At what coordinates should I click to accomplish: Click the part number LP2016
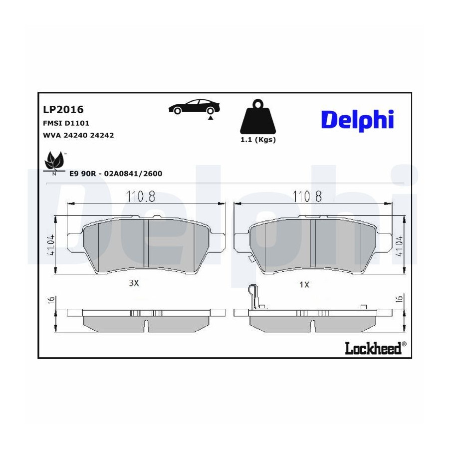(63, 109)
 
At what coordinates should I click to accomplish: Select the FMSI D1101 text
(66, 123)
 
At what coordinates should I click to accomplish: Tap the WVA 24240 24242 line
(78, 135)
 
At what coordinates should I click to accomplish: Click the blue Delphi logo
(358, 120)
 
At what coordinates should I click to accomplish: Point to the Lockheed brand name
(373, 348)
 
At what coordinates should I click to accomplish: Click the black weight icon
(258, 117)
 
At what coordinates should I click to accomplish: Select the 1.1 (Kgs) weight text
(258, 140)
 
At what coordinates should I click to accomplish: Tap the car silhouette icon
(194, 107)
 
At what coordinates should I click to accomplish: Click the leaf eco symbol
(54, 162)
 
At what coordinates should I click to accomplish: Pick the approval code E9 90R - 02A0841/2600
(116, 174)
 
